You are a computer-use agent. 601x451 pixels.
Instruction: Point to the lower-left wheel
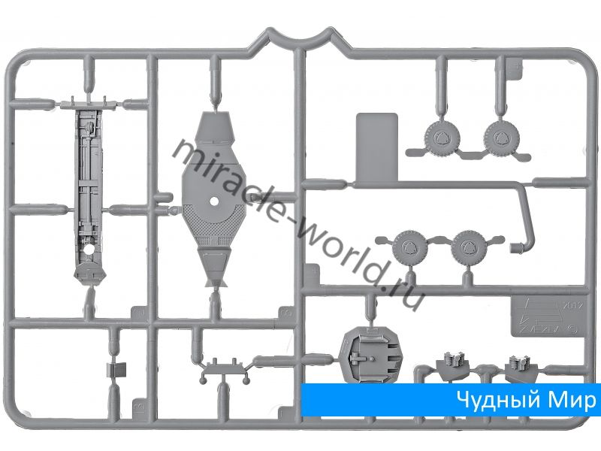(x=410, y=246)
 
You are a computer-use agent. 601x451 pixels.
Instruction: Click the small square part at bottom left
(x=116, y=369)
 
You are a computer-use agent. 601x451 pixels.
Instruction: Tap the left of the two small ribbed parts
(x=452, y=362)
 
